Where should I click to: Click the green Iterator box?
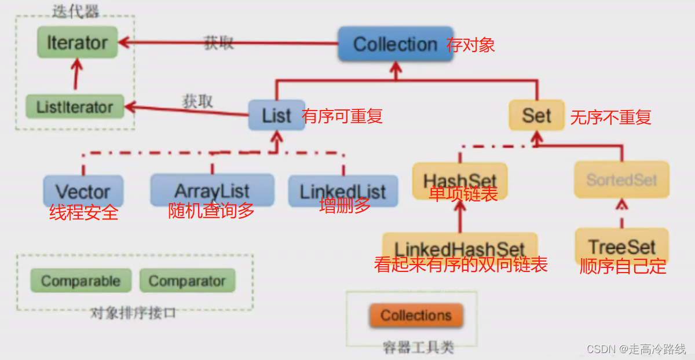[x=77, y=43]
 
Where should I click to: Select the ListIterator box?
[x=75, y=107]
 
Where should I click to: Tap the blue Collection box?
[x=395, y=44]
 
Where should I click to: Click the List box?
[x=276, y=115]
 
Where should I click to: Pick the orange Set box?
[x=536, y=115]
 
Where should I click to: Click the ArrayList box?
[x=212, y=189]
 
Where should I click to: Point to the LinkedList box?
[x=343, y=191]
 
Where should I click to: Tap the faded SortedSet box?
[x=621, y=179]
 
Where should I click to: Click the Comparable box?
[x=81, y=281]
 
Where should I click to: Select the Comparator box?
[x=187, y=281]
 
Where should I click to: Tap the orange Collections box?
[x=416, y=315]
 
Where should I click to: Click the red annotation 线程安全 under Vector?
[x=84, y=213]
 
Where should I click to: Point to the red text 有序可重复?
[x=342, y=116]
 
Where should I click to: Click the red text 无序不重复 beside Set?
[x=611, y=117]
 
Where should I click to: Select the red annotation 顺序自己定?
[x=623, y=266]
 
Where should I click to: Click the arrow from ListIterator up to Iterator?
[x=75, y=75]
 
